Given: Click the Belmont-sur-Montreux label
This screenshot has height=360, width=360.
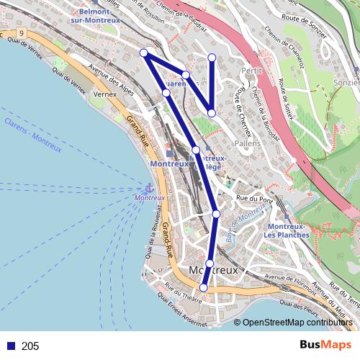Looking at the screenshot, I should pyautogui.click(x=100, y=16).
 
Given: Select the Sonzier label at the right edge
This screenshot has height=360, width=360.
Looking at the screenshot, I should pyautogui.click(x=347, y=83).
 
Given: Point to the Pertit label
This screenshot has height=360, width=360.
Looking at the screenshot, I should pyautogui.click(x=252, y=71).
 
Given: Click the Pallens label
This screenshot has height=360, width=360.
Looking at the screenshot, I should pyautogui.click(x=247, y=143).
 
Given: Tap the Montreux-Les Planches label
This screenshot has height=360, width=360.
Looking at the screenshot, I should pyautogui.click(x=286, y=230).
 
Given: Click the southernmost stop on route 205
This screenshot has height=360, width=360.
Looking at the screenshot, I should pyautogui.click(x=203, y=288).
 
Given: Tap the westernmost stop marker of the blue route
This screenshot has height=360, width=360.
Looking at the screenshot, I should pyautogui.click(x=144, y=52).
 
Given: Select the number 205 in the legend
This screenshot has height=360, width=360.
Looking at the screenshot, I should pyautogui.click(x=30, y=346).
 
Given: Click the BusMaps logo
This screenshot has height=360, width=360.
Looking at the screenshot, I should pyautogui.click(x=325, y=346).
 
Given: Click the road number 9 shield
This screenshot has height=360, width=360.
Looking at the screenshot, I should pyautogui.click(x=23, y=33).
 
